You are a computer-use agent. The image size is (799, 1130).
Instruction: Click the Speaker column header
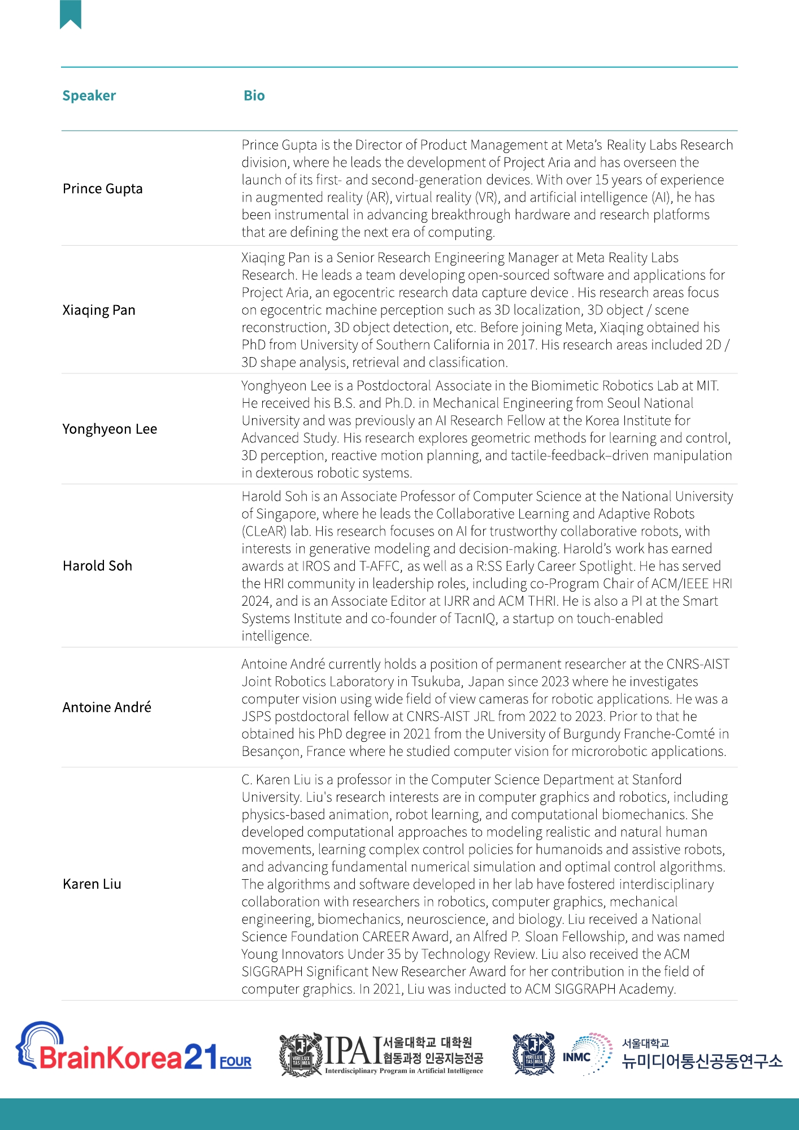click(x=89, y=95)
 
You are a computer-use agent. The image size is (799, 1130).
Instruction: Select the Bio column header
click(x=254, y=95)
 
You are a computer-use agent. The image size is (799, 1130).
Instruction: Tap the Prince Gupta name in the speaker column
click(x=102, y=189)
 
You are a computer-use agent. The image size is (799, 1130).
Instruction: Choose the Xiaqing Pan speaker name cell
click(x=99, y=310)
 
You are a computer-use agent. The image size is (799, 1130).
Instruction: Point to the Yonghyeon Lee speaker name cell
click(x=110, y=429)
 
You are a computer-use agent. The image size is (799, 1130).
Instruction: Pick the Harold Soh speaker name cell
click(x=97, y=566)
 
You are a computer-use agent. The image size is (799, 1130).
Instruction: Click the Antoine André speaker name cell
click(x=107, y=707)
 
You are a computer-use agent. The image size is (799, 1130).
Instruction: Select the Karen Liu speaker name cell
click(x=92, y=884)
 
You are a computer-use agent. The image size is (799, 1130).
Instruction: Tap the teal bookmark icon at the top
click(x=71, y=14)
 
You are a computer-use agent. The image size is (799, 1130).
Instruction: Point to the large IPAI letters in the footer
click(x=353, y=1051)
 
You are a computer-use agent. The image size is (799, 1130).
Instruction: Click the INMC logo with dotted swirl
click(x=588, y=1055)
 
